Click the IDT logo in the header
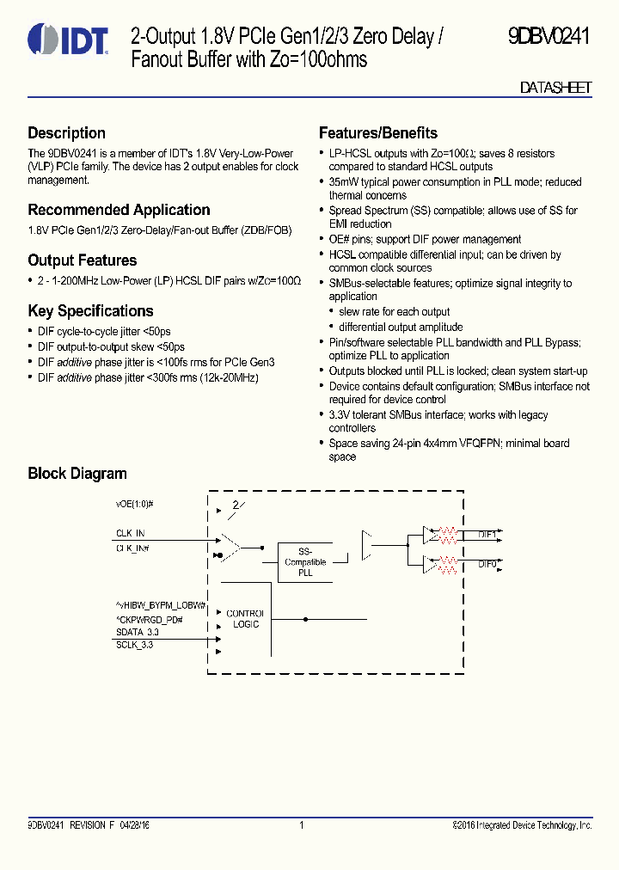click(68, 40)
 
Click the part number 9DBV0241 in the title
click(548, 37)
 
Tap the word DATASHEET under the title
click(556, 88)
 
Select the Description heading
click(66, 133)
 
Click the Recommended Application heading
click(119, 210)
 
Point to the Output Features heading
click(82, 260)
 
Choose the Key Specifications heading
click(90, 311)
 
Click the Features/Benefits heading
click(377, 133)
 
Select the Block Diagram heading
click(77, 474)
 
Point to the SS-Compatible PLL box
click(305, 562)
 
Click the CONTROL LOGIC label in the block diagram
click(246, 619)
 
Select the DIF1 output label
click(487, 535)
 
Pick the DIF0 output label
click(487, 564)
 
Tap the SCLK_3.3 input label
click(134, 645)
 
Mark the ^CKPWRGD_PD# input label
click(150, 619)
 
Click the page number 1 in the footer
click(302, 825)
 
